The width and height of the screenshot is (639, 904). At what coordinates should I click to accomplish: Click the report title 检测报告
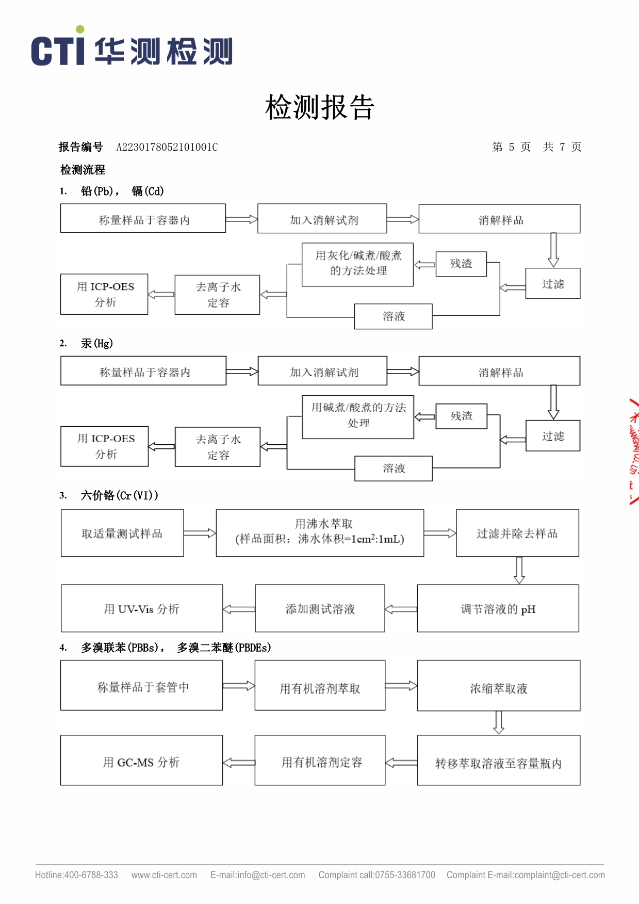tap(319, 107)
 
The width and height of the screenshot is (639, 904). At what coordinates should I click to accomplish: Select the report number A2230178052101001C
tap(167, 147)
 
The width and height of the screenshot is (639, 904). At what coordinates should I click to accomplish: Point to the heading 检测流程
tap(83, 170)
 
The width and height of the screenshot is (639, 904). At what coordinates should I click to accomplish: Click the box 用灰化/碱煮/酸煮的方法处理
tap(358, 264)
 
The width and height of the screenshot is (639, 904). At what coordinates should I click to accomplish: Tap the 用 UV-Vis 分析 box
tap(142, 608)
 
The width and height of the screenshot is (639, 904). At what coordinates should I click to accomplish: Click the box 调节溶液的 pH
tap(498, 608)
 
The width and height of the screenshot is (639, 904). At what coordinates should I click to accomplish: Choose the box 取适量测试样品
tap(122, 533)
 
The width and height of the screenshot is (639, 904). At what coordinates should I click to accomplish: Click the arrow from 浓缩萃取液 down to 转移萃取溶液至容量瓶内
tap(498, 722)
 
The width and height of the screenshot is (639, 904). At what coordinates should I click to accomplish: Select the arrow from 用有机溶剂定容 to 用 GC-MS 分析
tap(239, 763)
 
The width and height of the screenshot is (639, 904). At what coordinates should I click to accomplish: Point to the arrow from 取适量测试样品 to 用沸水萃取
tap(200, 533)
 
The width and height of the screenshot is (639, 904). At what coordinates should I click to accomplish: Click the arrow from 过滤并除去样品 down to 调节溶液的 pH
tap(519, 570)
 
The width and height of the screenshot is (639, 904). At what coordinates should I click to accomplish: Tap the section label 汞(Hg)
tap(97, 344)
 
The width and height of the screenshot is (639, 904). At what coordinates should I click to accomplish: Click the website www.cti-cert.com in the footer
tap(164, 875)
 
